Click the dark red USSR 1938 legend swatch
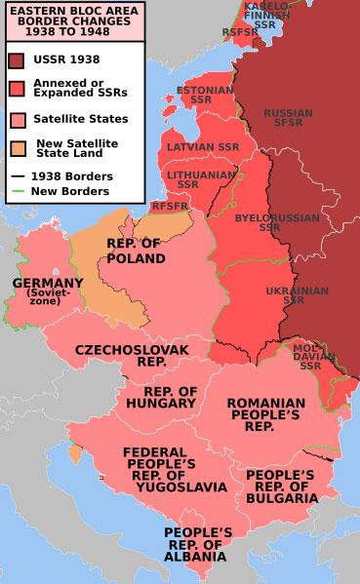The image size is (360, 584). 18,59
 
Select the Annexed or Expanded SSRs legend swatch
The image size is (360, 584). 18,90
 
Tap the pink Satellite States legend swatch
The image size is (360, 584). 18,120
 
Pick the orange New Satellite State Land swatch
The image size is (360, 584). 18,148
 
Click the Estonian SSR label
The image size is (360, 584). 177,95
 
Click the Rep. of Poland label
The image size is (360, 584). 135,251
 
